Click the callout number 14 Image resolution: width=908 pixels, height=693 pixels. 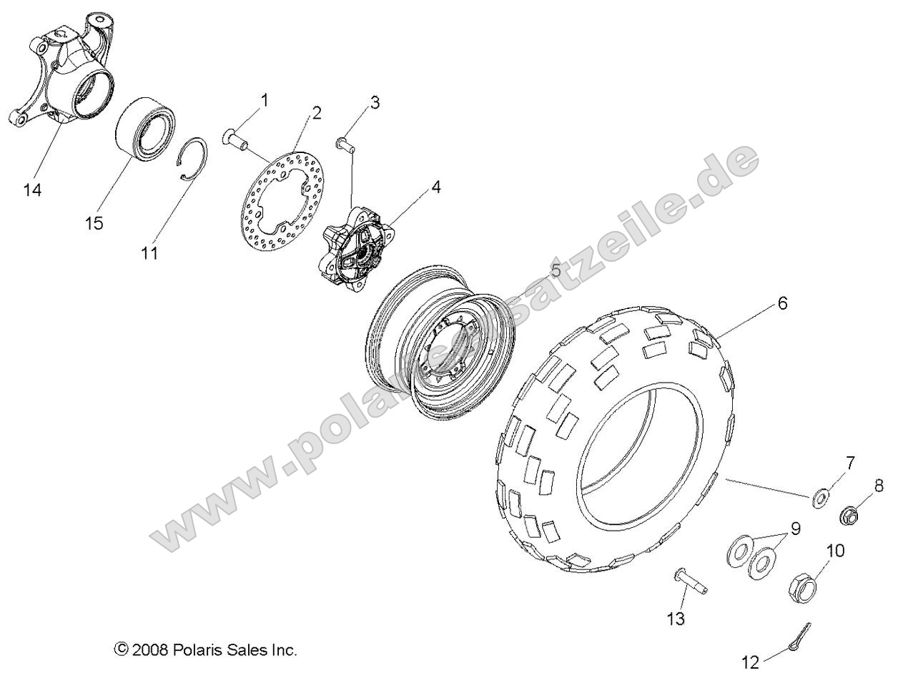[32, 190]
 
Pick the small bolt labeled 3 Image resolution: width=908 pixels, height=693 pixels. [345, 147]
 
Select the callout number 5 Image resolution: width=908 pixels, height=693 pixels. [555, 270]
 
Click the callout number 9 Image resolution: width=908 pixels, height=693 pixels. [794, 529]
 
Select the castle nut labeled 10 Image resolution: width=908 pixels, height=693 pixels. [803, 589]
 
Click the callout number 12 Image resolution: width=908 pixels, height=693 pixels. [750, 663]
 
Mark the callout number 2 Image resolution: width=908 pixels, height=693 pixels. [315, 112]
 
